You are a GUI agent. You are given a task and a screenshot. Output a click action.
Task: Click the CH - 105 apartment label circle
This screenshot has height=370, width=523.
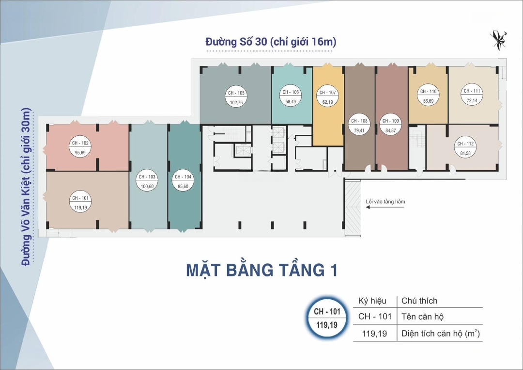click(236, 97)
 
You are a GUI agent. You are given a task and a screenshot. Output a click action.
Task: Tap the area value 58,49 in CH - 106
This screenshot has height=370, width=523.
click(291, 101)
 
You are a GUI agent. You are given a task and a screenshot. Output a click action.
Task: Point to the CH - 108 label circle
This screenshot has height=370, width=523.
click(359, 126)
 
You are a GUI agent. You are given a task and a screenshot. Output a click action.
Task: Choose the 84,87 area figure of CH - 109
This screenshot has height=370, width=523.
click(391, 130)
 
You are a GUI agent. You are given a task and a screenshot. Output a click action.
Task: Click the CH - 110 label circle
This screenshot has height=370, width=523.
click(428, 96)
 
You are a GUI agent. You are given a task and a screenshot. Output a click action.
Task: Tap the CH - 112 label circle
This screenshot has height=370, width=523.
click(465, 148)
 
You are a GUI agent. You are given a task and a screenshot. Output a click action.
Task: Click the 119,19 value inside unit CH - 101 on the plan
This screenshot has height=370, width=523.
click(80, 208)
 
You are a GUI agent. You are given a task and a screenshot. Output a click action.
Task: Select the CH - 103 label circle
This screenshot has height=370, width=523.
click(147, 181)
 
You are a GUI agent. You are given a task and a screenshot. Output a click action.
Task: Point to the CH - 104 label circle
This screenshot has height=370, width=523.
click(183, 181)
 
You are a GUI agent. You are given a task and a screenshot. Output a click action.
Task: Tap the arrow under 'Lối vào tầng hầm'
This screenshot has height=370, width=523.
click(385, 207)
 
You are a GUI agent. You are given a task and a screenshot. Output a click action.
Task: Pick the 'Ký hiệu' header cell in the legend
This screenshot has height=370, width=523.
click(372, 301)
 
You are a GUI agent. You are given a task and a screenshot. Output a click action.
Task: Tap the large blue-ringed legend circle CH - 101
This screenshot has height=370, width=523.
click(327, 318)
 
